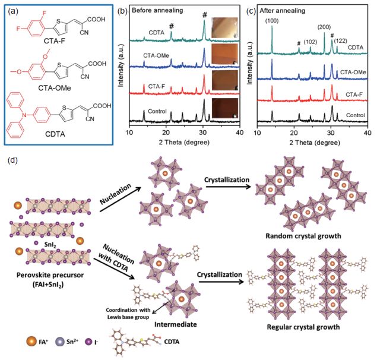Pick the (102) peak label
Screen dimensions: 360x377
coord(310,42)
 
